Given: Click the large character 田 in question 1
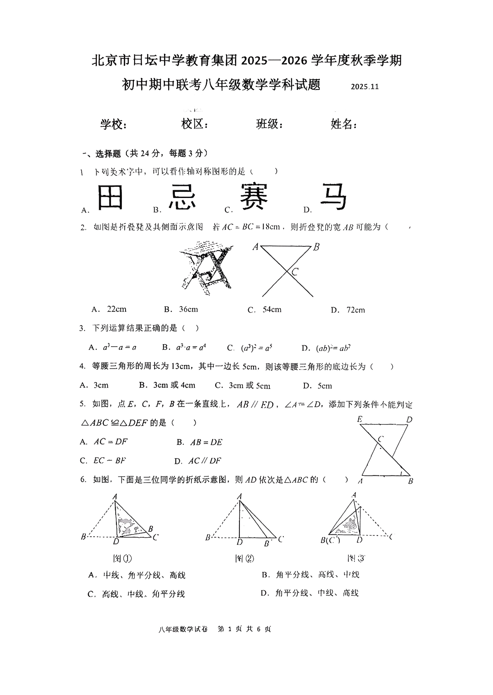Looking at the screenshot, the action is click(x=110, y=196).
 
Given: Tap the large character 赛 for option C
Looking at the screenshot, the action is click(x=254, y=196).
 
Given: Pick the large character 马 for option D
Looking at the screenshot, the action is click(x=333, y=196).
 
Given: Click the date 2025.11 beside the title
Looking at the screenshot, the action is click(x=365, y=87).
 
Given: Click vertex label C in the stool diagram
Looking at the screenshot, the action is click(x=295, y=272).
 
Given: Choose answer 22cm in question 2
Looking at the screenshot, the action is click(x=116, y=309).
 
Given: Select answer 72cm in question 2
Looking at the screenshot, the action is click(x=355, y=310).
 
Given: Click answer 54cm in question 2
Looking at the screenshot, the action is click(x=272, y=310).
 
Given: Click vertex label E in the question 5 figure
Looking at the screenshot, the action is click(x=360, y=420).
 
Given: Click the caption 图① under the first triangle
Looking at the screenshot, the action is click(x=123, y=558).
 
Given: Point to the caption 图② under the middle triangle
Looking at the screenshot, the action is click(x=244, y=558).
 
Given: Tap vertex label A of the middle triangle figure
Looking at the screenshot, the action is click(x=239, y=497).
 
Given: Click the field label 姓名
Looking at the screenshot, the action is click(x=343, y=124).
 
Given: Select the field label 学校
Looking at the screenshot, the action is click(x=114, y=124).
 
